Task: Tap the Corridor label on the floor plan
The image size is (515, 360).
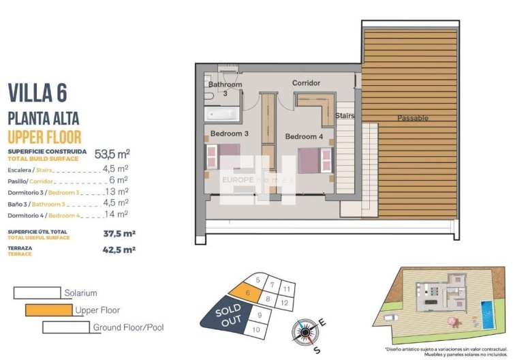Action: [x=306, y=83]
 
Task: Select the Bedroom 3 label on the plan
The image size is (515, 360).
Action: [x=229, y=134]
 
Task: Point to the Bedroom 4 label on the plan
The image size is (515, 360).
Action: [x=304, y=136]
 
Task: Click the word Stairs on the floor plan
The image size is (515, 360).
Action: [x=345, y=116]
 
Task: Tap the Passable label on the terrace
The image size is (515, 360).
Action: [x=413, y=118]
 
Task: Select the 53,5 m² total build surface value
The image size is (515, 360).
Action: [x=112, y=153]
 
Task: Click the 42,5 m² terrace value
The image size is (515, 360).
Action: [x=119, y=250]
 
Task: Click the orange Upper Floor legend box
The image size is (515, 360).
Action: [x=48, y=310]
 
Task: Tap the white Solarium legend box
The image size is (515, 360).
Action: [x=37, y=293]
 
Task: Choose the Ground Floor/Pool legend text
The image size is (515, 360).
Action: [x=128, y=327]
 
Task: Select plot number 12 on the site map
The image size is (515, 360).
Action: [x=285, y=301]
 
